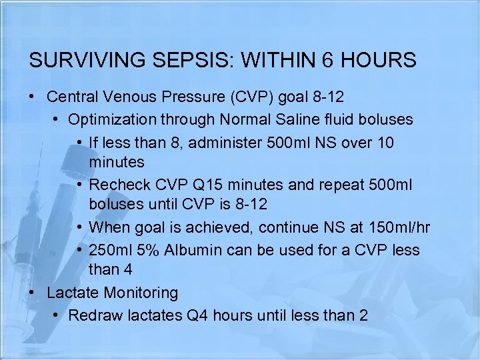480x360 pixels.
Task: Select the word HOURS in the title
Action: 379,61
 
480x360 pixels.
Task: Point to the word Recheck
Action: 117,185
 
